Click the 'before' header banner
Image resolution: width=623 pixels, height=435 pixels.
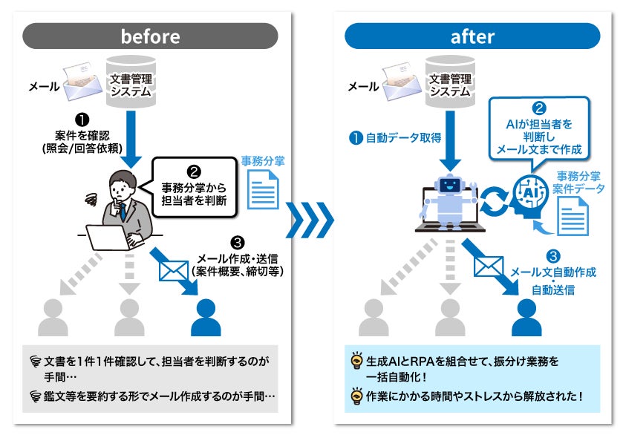(x=150, y=36)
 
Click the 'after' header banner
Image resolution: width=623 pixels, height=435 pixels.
(x=472, y=36)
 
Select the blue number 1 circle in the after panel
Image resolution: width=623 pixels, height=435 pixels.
(x=356, y=137)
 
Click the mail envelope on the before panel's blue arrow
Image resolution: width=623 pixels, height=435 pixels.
(x=174, y=269)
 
